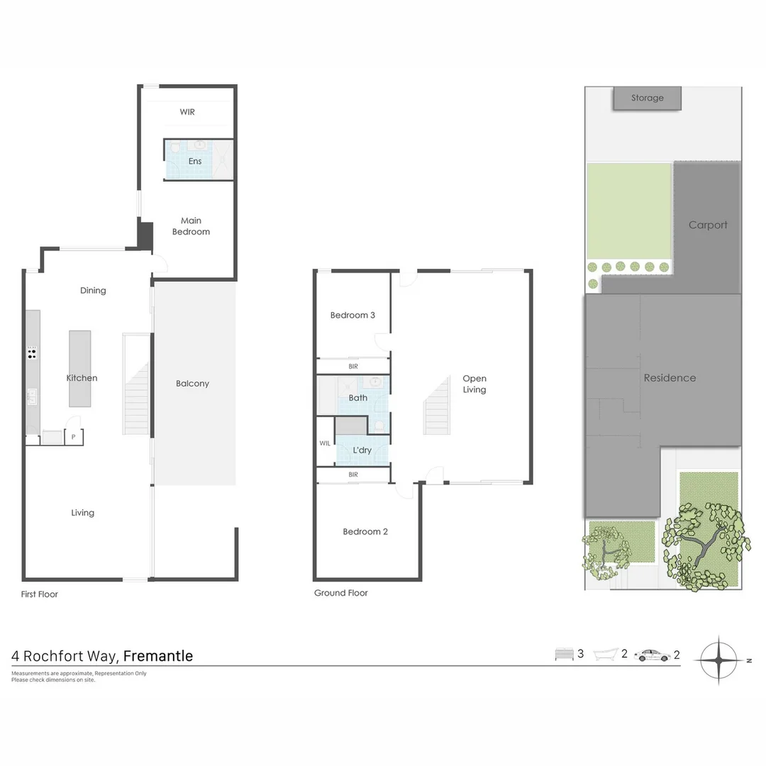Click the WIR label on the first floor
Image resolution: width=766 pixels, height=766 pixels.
[187, 112]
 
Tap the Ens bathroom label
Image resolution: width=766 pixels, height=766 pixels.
[195, 161]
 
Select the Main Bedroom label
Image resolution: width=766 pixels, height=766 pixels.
[191, 226]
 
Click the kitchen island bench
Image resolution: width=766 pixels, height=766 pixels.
[79, 368]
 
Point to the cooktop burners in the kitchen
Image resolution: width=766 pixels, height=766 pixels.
[33, 353]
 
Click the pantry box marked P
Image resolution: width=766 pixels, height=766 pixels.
[74, 437]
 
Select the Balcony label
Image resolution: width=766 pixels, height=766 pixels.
[192, 384]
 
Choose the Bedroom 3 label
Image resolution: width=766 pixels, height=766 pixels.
[353, 315]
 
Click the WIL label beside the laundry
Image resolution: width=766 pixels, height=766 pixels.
[325, 443]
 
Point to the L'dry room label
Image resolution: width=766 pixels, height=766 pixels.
[362, 450]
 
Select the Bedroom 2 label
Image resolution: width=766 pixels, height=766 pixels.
[365, 532]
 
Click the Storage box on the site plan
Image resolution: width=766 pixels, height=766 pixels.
[647, 98]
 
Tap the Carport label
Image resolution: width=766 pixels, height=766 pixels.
[708, 225]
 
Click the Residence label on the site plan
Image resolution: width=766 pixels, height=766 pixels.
[670, 378]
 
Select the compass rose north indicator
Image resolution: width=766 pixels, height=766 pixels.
[719, 660]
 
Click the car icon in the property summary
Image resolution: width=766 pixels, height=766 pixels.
[652, 655]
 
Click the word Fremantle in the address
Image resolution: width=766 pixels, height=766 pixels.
[157, 656]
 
